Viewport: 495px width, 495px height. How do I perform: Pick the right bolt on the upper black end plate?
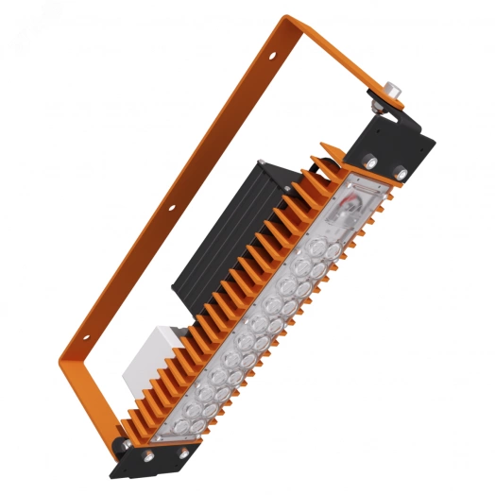pos(401,172)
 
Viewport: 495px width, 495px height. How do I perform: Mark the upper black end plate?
pos(397,151)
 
